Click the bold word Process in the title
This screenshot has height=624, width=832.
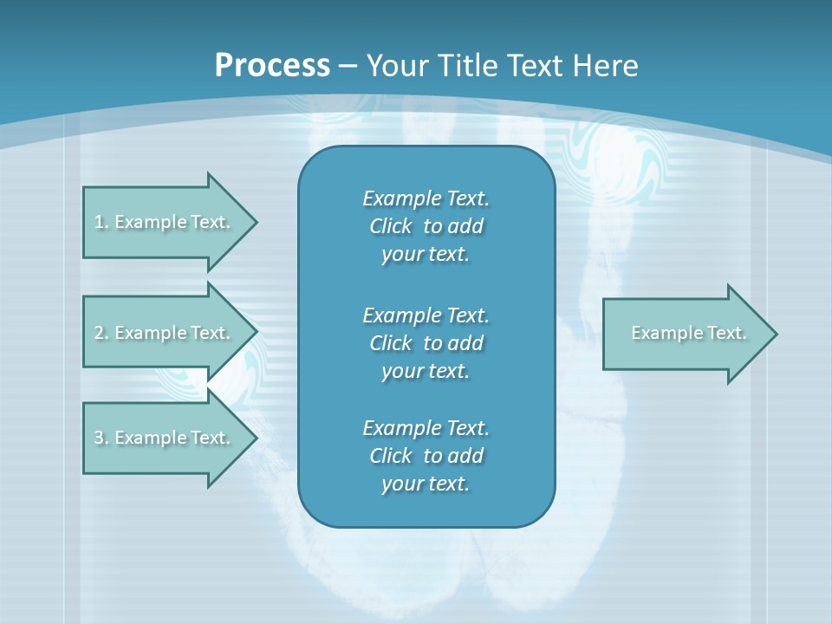click(x=272, y=66)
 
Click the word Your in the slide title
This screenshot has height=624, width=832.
click(x=397, y=66)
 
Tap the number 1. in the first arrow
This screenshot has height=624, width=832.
click(x=101, y=222)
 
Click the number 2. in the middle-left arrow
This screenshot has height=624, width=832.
click(x=101, y=333)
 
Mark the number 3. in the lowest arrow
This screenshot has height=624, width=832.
click(x=101, y=438)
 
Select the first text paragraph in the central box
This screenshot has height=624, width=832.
click(x=426, y=226)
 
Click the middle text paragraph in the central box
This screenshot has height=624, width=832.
click(x=426, y=343)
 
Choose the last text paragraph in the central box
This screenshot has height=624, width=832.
click(x=426, y=456)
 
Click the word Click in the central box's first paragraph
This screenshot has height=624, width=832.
click(x=390, y=226)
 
